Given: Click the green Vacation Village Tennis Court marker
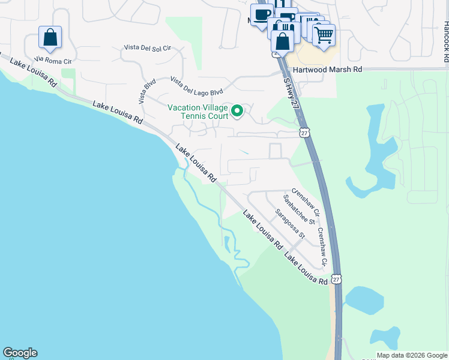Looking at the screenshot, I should (237, 110).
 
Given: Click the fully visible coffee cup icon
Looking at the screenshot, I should (262, 15).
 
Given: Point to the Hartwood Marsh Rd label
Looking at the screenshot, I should (328, 70).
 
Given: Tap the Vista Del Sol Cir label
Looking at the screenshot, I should (148, 47).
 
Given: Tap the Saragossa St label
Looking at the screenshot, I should (290, 224).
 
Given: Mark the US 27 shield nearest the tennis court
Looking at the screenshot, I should (304, 133).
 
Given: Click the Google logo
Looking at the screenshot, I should (20, 353).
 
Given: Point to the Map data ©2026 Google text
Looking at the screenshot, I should (411, 355).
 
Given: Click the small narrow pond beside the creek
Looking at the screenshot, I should (226, 242).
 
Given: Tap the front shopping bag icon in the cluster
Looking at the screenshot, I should (282, 41).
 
